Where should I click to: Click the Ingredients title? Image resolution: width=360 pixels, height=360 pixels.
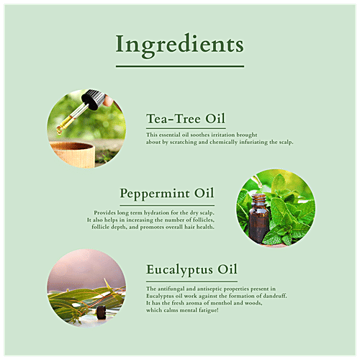pos(179,45)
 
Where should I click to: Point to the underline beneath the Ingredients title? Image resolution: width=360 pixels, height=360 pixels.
pos(179,67)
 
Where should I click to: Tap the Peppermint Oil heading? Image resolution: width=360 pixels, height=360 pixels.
pos(167,194)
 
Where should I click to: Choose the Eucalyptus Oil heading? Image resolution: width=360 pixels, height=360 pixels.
pos(191,271)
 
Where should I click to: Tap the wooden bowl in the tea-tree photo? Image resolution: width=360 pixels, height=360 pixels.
pos(75,153)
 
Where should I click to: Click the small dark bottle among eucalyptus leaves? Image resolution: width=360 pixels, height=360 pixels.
pos(102,312)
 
